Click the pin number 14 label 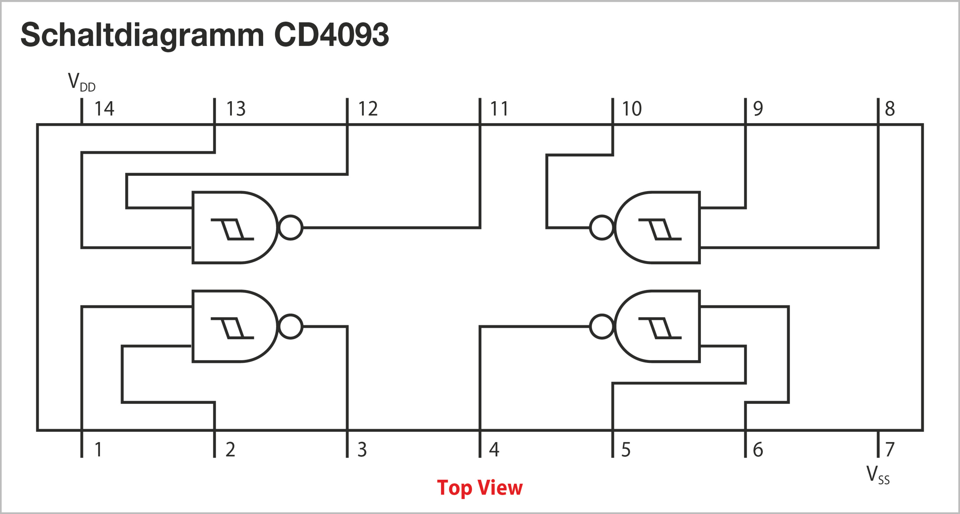pos(104,109)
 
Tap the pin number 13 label pos(236,109)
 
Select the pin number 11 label pos(499,109)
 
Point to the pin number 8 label pos(890,109)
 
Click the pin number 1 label pos(98,450)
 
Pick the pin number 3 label pos(362,450)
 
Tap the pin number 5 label pos(626,450)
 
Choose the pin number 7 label pos(890,450)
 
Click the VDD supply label pos(81,82)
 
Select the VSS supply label pos(878,475)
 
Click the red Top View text pos(480,488)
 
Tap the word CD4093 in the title pos(331,35)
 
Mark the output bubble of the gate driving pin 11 pos(291,228)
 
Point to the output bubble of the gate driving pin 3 pos(291,327)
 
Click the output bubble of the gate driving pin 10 pos(602,228)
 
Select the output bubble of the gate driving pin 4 pos(602,327)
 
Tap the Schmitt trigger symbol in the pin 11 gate pos(232,229)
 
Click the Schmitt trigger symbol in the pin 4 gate pos(660,328)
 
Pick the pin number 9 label pos(758,109)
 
